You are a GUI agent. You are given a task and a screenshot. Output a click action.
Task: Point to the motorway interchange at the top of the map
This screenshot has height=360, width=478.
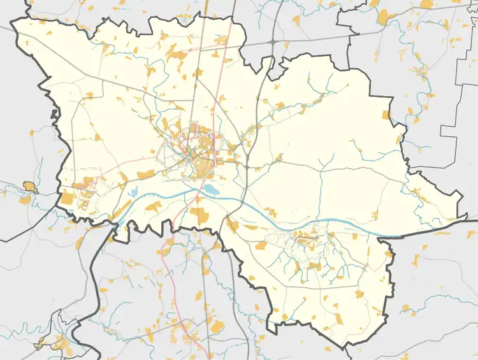[x=272, y=42]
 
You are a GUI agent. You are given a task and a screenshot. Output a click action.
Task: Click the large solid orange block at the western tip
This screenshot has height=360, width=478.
[x=66, y=198]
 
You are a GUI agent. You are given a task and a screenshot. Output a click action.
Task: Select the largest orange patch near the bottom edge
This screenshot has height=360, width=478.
[x=217, y=328]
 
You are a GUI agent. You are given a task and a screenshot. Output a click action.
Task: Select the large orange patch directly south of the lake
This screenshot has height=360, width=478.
[x=201, y=215]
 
